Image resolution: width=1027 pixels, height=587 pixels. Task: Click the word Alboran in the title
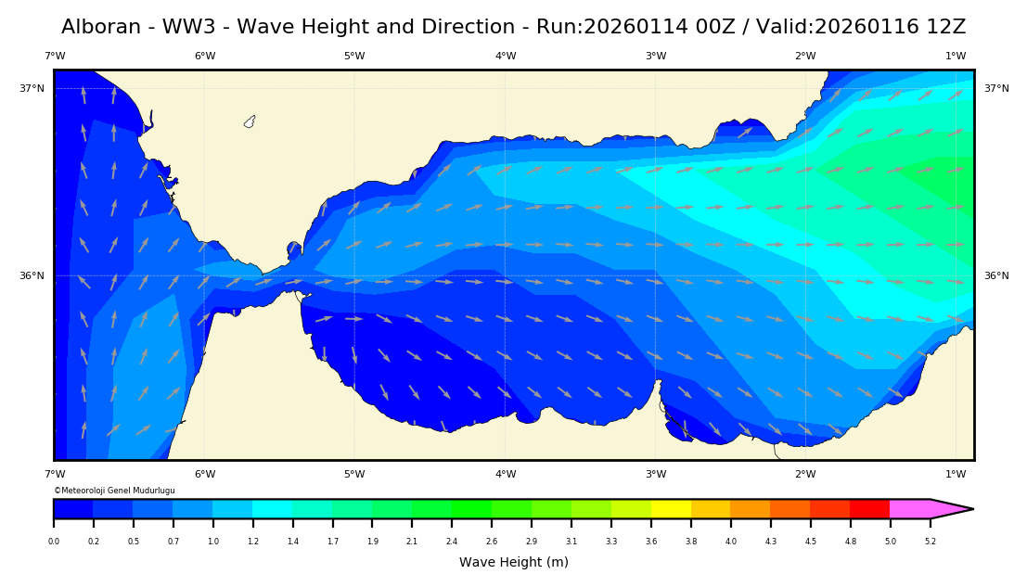tap(102, 27)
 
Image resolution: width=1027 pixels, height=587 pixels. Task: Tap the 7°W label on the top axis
tap(55, 57)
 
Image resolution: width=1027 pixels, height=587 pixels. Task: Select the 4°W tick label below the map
tap(506, 475)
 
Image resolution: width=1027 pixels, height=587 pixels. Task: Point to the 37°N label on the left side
tap(32, 89)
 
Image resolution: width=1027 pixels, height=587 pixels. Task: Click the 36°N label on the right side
tap(996, 276)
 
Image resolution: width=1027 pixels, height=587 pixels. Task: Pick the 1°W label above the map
tap(956, 57)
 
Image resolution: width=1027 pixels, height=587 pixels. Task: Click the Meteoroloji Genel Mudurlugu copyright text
tap(114, 491)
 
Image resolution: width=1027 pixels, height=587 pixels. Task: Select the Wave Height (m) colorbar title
tap(514, 562)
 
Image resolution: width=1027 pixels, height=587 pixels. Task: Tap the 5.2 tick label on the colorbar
tap(930, 542)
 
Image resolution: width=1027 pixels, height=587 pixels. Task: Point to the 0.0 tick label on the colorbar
tap(54, 542)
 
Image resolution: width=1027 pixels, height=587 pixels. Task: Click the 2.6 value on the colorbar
tap(492, 542)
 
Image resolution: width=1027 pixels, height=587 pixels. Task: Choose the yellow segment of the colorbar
tap(671, 508)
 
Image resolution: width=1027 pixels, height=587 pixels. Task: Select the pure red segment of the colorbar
tap(869, 508)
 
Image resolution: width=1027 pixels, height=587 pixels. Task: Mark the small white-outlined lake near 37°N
tap(250, 121)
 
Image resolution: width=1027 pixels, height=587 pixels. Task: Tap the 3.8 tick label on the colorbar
tap(691, 542)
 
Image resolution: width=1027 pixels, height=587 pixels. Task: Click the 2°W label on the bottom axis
tap(805, 475)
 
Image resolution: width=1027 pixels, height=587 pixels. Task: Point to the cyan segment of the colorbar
tap(273, 508)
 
